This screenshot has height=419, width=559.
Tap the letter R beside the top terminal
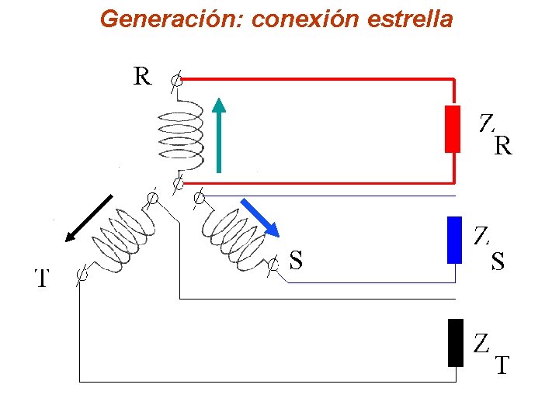[142, 76]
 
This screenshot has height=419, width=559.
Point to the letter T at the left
[42, 278]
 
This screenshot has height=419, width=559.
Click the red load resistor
[452, 128]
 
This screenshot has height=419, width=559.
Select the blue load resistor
[455, 240]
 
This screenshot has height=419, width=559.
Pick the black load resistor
[455, 342]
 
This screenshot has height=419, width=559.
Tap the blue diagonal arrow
[259, 216]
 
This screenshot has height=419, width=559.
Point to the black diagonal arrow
[91, 218]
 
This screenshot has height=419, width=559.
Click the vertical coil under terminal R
[181, 133]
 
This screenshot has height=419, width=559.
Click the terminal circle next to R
[177, 79]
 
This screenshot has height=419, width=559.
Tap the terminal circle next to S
[273, 265]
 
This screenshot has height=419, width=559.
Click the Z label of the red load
[486, 123]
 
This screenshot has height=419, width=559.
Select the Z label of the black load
[482, 343]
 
